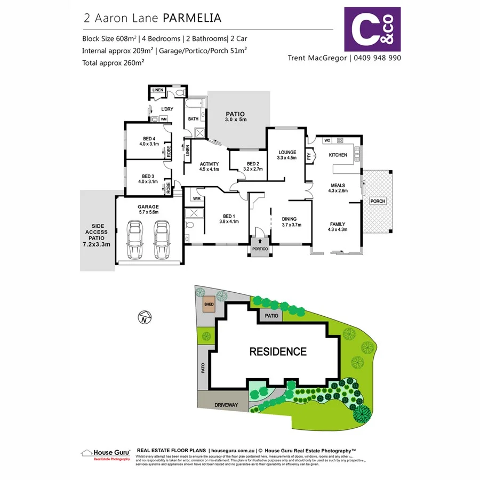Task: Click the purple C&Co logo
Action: pyautogui.click(x=372, y=28)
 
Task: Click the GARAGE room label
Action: pyautogui.click(x=148, y=207)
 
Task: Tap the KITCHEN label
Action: pyautogui.click(x=338, y=155)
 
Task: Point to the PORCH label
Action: pyautogui.click(x=378, y=201)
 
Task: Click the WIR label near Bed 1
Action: pyautogui.click(x=196, y=198)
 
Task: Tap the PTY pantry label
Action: pyautogui.click(x=309, y=156)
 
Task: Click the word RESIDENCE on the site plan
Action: pyautogui.click(x=278, y=352)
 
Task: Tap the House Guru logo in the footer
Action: pyautogui.click(x=105, y=454)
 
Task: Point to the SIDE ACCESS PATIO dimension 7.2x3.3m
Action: pyautogui.click(x=97, y=244)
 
